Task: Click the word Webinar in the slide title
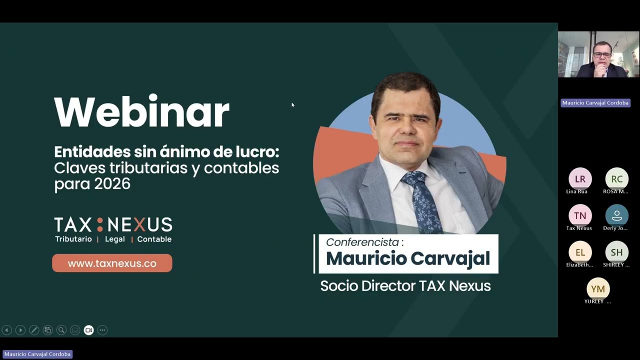[141, 111]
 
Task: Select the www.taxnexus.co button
[112, 263]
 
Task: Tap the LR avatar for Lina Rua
[580, 179]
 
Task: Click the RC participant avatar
[617, 179]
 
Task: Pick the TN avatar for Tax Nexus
[580, 215]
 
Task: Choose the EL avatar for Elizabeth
[580, 252]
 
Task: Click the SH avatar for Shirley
[617, 252]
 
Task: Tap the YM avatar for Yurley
[598, 289]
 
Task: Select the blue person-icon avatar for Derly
[617, 215]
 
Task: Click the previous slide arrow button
[6, 330]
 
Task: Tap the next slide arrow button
[20, 330]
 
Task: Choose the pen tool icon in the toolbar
[34, 330]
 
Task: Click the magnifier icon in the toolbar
[61, 330]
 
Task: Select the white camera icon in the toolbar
[89, 330]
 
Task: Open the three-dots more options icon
[102, 330]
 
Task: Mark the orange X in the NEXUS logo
[139, 224]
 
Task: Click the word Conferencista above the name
[362, 242]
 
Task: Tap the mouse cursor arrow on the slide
[293, 105]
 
